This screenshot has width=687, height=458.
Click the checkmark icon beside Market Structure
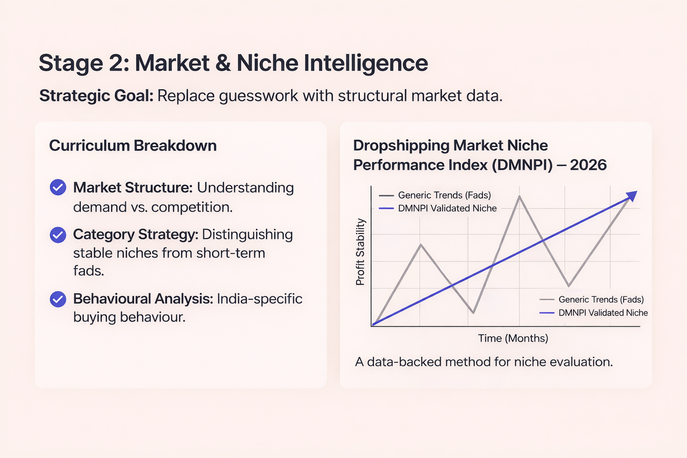58,187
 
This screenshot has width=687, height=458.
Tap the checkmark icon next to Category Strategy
58,235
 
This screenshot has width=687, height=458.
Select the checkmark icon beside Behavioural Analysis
58,299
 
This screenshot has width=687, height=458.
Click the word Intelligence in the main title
366,63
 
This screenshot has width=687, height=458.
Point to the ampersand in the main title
223,63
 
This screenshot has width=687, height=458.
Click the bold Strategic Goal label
96,96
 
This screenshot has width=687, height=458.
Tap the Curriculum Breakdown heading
133,146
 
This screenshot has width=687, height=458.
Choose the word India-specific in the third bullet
259,299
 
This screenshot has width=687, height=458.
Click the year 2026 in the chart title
588,165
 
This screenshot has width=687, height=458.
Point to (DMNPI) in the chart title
522,165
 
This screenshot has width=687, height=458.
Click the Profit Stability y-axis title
360,252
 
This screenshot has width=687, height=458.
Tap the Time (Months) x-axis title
513,338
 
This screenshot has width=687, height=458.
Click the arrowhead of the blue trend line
632,195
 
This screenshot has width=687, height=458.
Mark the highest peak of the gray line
519,197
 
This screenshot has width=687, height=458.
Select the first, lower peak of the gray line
421,245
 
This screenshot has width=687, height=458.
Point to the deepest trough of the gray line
473,312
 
